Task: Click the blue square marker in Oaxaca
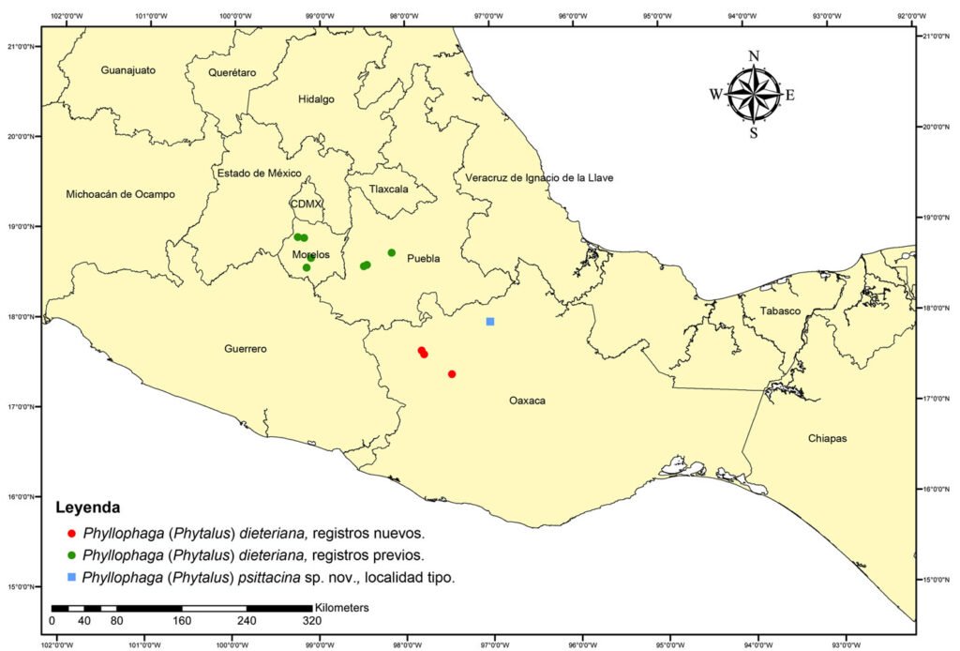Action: click(x=490, y=322)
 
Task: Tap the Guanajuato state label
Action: click(x=128, y=70)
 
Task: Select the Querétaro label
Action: click(x=232, y=72)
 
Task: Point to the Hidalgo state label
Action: click(x=316, y=99)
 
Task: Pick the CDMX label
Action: click(x=307, y=204)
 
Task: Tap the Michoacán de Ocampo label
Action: click(x=120, y=194)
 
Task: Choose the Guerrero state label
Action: click(x=246, y=349)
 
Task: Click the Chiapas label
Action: click(x=827, y=438)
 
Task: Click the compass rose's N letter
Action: click(x=754, y=56)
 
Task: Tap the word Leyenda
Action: click(x=87, y=508)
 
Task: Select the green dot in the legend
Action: click(x=71, y=554)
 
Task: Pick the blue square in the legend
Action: click(x=71, y=577)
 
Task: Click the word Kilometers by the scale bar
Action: click(x=342, y=608)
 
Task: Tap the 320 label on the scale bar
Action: click(x=312, y=621)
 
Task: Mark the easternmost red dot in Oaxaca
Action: click(x=452, y=374)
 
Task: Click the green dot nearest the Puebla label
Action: click(x=392, y=253)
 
